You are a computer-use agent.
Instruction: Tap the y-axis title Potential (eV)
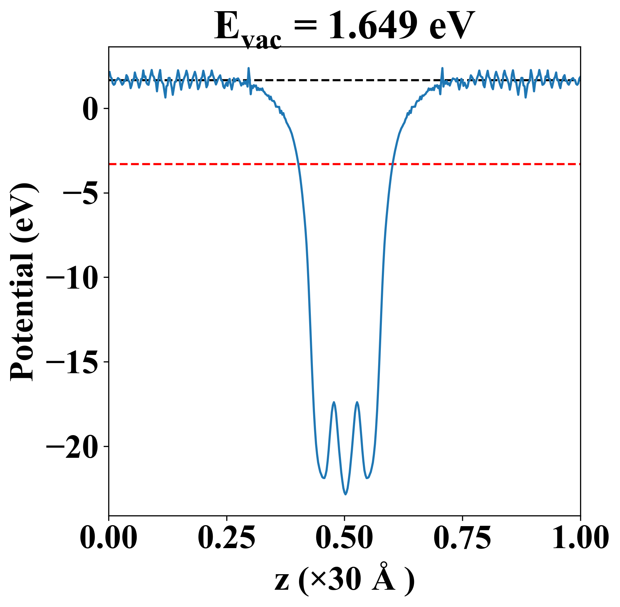click(23, 282)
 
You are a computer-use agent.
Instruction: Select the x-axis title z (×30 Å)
click(344, 581)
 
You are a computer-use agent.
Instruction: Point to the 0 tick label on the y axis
click(90, 109)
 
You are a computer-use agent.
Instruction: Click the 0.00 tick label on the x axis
click(109, 537)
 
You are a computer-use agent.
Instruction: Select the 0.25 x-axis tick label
click(226, 537)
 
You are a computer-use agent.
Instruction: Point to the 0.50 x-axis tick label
click(344, 537)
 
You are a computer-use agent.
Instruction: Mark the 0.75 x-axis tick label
click(462, 537)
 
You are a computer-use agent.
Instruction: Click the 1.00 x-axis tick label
click(580, 537)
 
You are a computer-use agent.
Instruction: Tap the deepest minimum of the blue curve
click(345, 494)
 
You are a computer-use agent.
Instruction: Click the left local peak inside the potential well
click(334, 402)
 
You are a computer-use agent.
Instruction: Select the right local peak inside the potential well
click(357, 402)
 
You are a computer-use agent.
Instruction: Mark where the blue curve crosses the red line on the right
click(392, 164)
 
